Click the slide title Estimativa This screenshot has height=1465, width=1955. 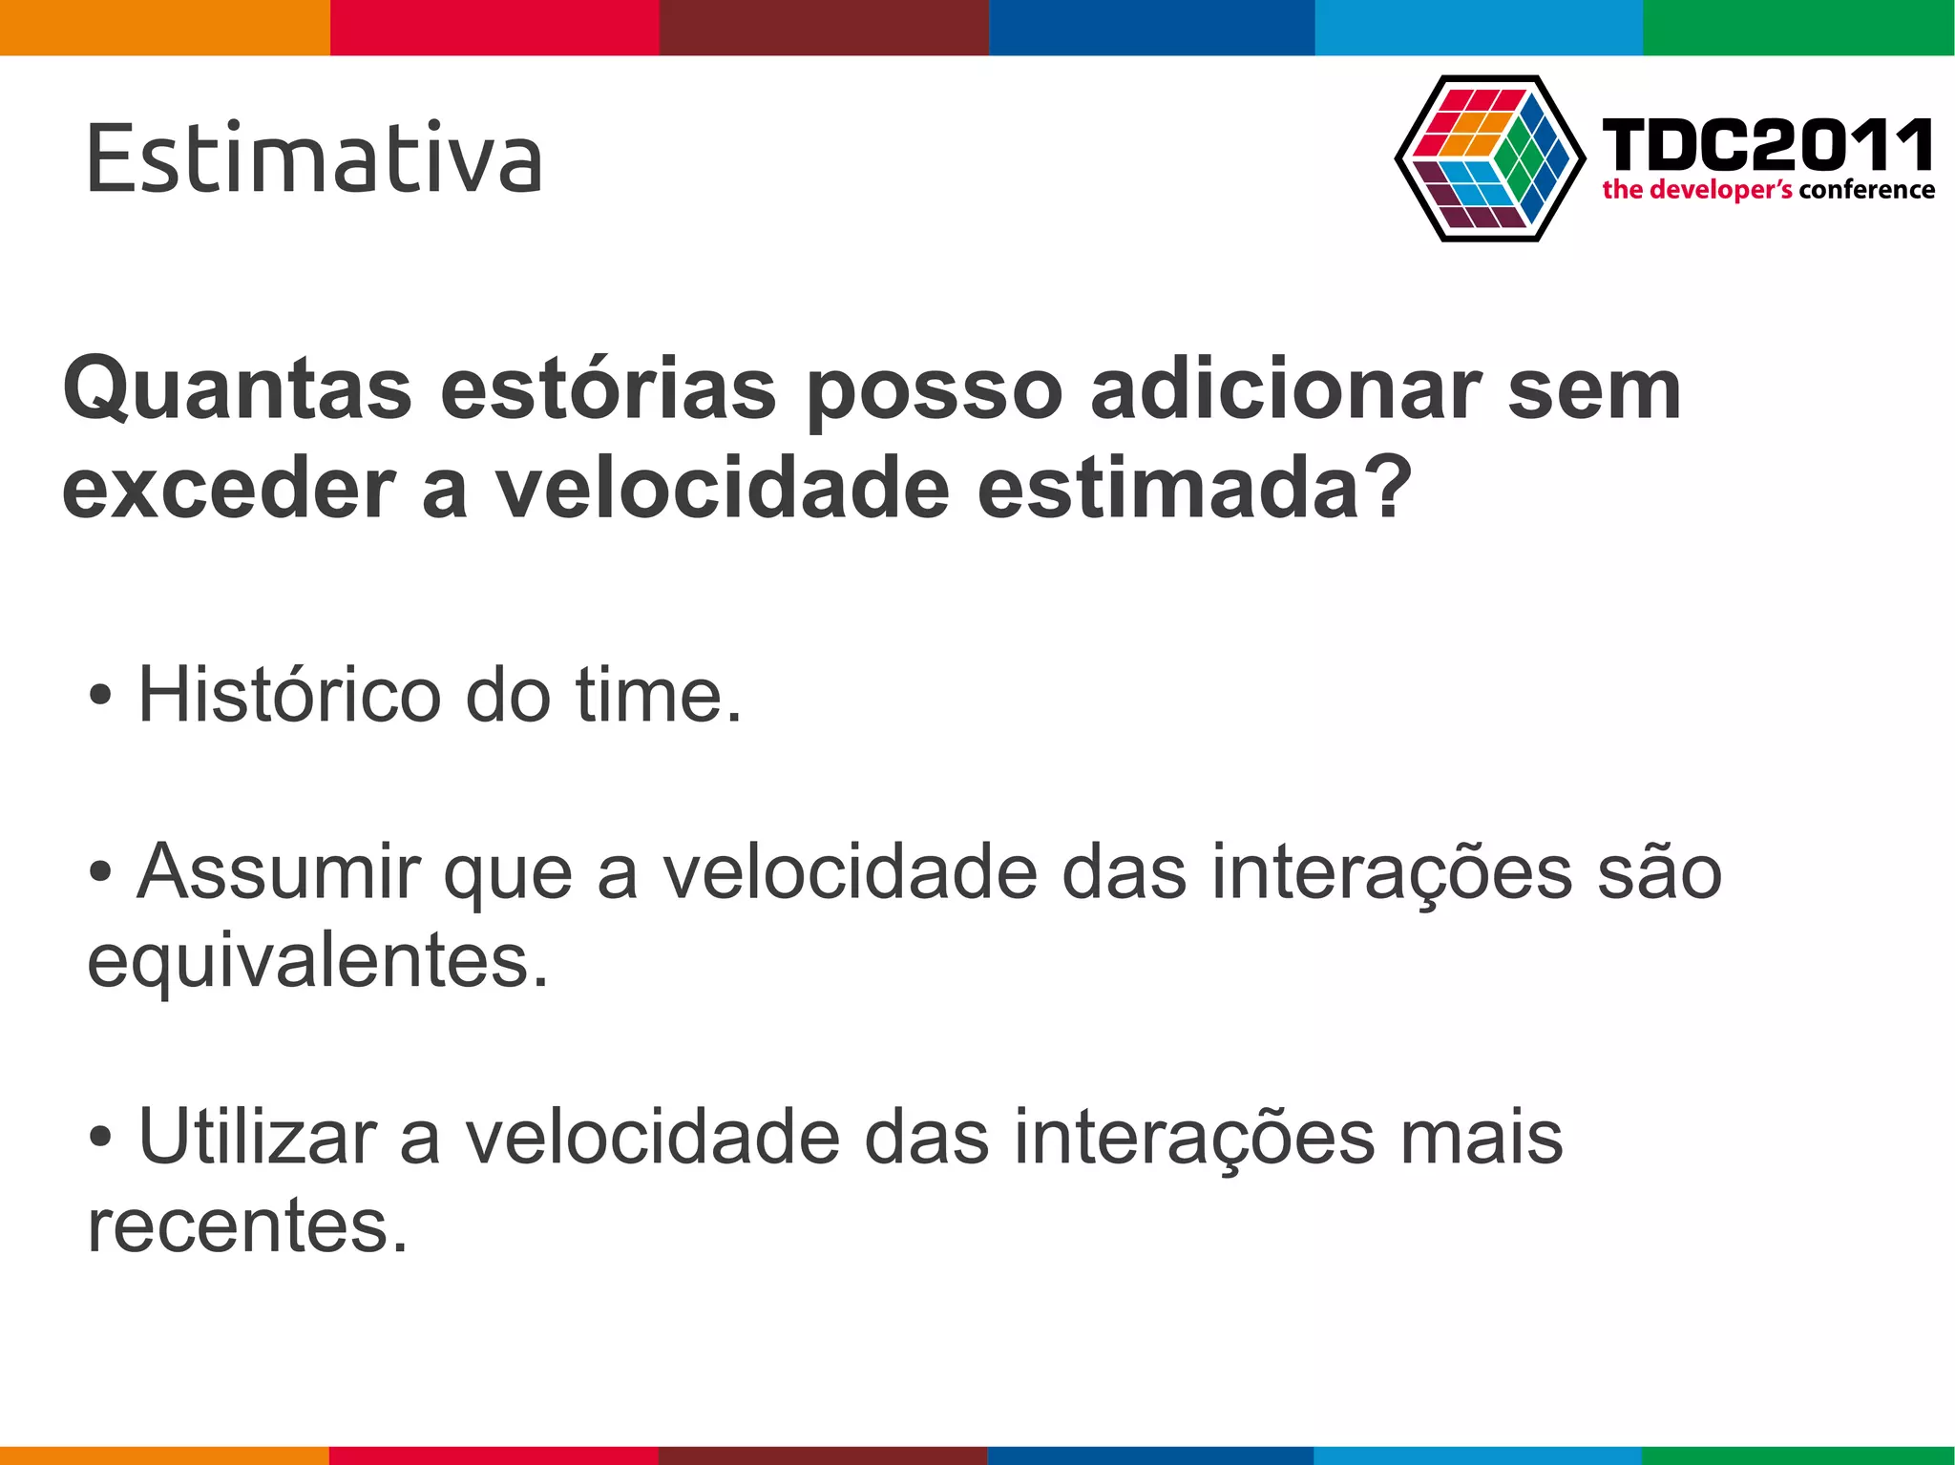pyautogui.click(x=314, y=158)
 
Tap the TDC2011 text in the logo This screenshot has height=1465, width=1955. pyautogui.click(x=1767, y=145)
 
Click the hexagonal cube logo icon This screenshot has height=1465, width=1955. pyautogui.click(x=1490, y=158)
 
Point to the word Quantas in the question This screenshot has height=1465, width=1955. pyautogui.click(x=237, y=390)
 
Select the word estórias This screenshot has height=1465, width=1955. pyautogui.click(x=608, y=390)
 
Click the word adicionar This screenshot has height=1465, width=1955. pyautogui.click(x=1285, y=390)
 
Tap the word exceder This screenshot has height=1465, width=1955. pyautogui.click(x=229, y=490)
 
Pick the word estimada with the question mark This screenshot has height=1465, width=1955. pyautogui.click(x=1193, y=490)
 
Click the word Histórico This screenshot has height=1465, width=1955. pyautogui.click(x=289, y=695)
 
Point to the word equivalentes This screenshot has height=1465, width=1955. pyautogui.click(x=318, y=961)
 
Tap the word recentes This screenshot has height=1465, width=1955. pyautogui.click(x=247, y=1226)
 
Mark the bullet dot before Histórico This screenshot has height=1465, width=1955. pyautogui.click(x=100, y=696)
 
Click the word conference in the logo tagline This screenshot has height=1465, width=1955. pyautogui.click(x=1866, y=190)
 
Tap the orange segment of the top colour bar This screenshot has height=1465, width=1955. pyautogui.click(x=164, y=27)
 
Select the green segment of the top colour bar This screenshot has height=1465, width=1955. pyautogui.click(x=1798, y=27)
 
